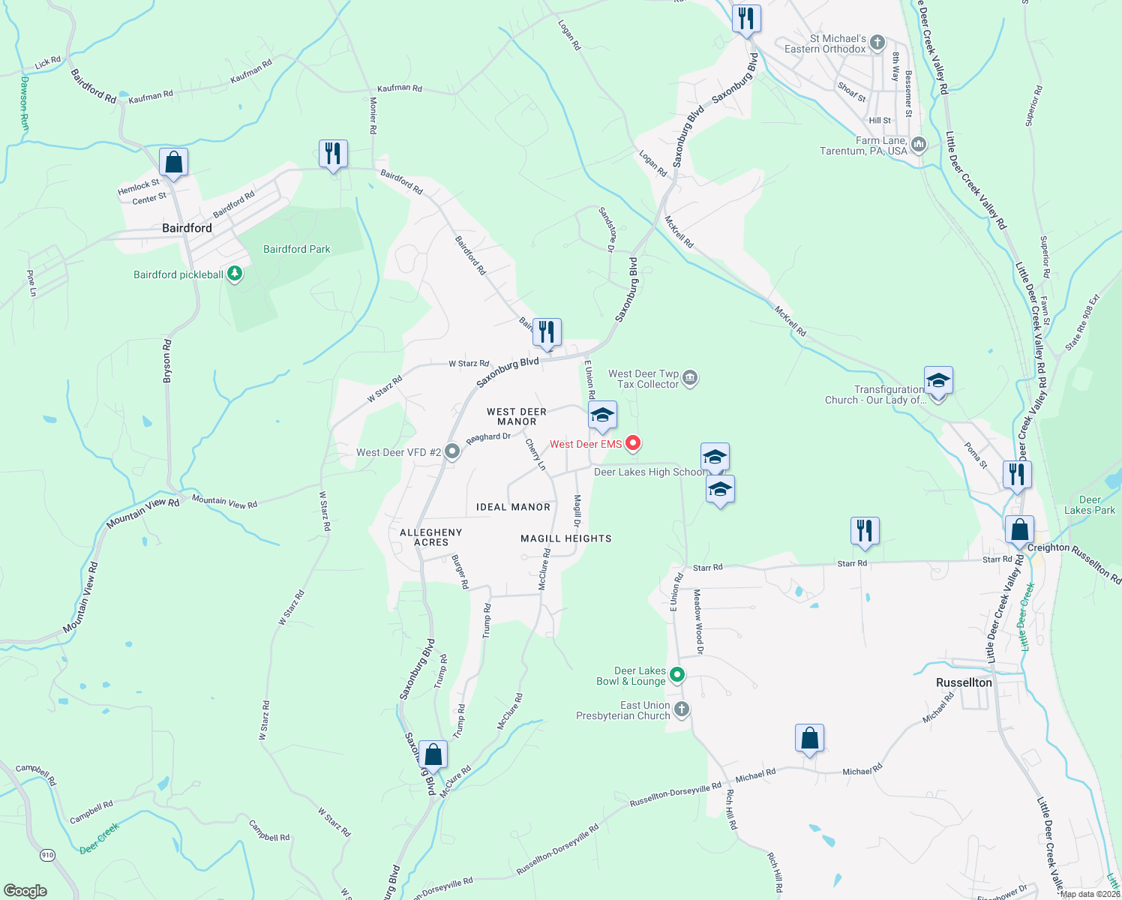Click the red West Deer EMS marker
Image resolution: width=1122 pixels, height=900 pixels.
pyautogui.click(x=633, y=443)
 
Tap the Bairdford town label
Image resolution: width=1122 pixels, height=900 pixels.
pyautogui.click(x=187, y=228)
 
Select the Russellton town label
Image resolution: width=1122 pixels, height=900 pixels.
pyautogui.click(x=964, y=682)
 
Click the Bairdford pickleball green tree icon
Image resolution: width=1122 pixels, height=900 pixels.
pyautogui.click(x=235, y=274)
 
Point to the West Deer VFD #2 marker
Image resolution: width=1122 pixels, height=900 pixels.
pyautogui.click(x=451, y=451)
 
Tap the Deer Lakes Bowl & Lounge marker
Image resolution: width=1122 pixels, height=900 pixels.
pyautogui.click(x=677, y=675)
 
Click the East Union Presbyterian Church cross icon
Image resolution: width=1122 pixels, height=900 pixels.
pyautogui.click(x=682, y=709)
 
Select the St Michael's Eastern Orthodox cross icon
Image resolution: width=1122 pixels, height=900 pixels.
pyautogui.click(x=877, y=43)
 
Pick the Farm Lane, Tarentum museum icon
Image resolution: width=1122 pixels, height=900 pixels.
pyautogui.click(x=919, y=144)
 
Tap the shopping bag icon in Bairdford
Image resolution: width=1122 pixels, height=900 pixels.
pyautogui.click(x=173, y=162)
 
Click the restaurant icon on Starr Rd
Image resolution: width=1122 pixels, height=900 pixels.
pyautogui.click(x=865, y=531)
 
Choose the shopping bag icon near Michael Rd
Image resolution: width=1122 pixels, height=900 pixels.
pyautogui.click(x=810, y=738)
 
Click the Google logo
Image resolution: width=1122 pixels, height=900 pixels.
pyautogui.click(x=25, y=890)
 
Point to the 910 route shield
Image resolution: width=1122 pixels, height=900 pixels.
pyautogui.click(x=47, y=855)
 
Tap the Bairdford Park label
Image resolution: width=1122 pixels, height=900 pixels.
pyautogui.click(x=296, y=249)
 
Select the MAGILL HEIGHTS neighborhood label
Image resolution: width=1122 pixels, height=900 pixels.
pyautogui.click(x=566, y=538)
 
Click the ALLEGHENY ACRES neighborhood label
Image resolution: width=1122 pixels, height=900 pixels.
pyautogui.click(x=431, y=537)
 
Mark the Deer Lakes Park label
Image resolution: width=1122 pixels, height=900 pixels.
pyautogui.click(x=1089, y=505)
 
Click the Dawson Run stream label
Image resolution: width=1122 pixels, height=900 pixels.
pyautogui.click(x=24, y=103)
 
